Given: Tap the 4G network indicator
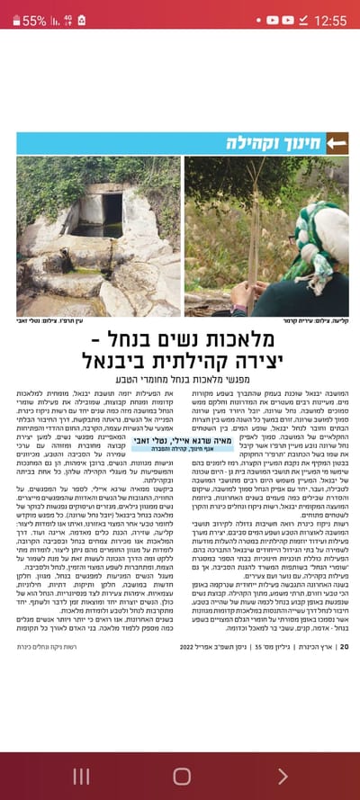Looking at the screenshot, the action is click(x=67, y=20).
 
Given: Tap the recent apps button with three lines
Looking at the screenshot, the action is click(x=81, y=776).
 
